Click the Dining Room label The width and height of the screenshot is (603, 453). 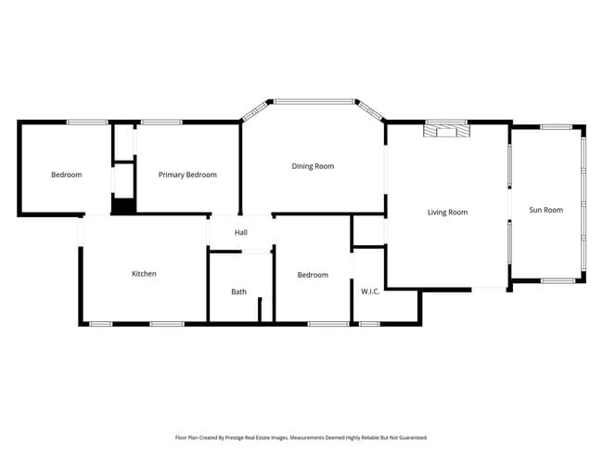click(x=313, y=166)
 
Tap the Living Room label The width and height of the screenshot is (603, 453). click(x=447, y=213)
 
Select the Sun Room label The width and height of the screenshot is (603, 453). click(x=545, y=210)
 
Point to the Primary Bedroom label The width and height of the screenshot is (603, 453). click(x=187, y=175)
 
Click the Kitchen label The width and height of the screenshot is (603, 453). click(x=144, y=274)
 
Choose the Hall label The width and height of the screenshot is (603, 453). click(x=240, y=233)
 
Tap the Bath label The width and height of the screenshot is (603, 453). click(x=238, y=291)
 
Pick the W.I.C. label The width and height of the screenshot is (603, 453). click(x=370, y=291)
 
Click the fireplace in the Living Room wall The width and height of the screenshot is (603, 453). click(x=446, y=130)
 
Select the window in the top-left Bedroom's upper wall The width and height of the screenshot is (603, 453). click(x=86, y=122)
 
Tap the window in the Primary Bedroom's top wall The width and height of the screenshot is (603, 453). click(x=160, y=122)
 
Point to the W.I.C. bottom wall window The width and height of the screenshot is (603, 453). click(x=369, y=324)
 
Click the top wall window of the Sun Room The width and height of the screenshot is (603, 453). click(x=556, y=126)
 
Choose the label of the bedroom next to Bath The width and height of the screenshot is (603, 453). click(x=313, y=275)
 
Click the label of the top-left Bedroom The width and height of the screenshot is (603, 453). click(x=66, y=175)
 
